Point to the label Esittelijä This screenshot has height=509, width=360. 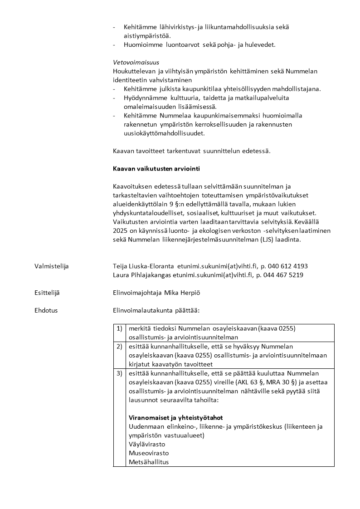[x=47, y=293]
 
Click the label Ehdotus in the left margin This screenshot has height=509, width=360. [x=46, y=311]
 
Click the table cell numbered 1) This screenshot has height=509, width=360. [x=119, y=328]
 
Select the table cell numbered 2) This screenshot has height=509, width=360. [x=119, y=347]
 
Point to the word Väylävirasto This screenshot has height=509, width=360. [x=147, y=444]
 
